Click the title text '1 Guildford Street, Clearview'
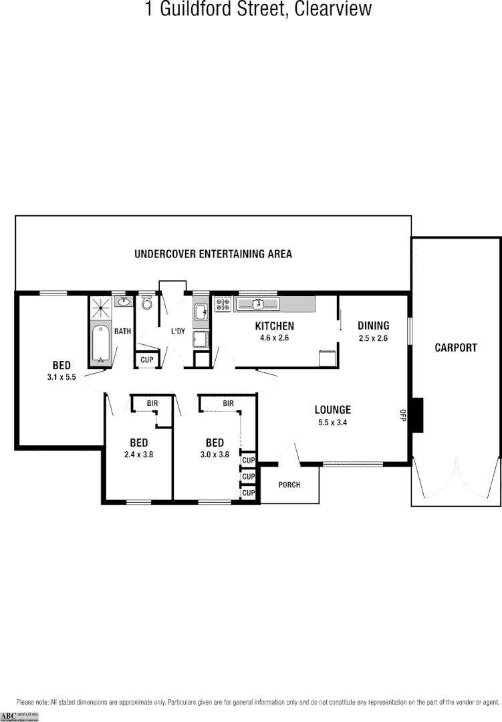(258, 9)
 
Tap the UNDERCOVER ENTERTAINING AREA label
(213, 254)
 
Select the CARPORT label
(456, 348)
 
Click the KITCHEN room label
(275, 326)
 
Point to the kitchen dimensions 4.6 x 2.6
(275, 338)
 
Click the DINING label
(373, 326)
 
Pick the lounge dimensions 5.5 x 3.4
(333, 422)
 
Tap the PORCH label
(289, 484)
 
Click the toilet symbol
(147, 304)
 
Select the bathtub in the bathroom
(101, 343)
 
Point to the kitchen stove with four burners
(223, 305)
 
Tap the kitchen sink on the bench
(258, 305)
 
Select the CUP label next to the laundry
(147, 360)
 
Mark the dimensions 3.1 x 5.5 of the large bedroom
(61, 377)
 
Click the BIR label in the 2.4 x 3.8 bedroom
(152, 403)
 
